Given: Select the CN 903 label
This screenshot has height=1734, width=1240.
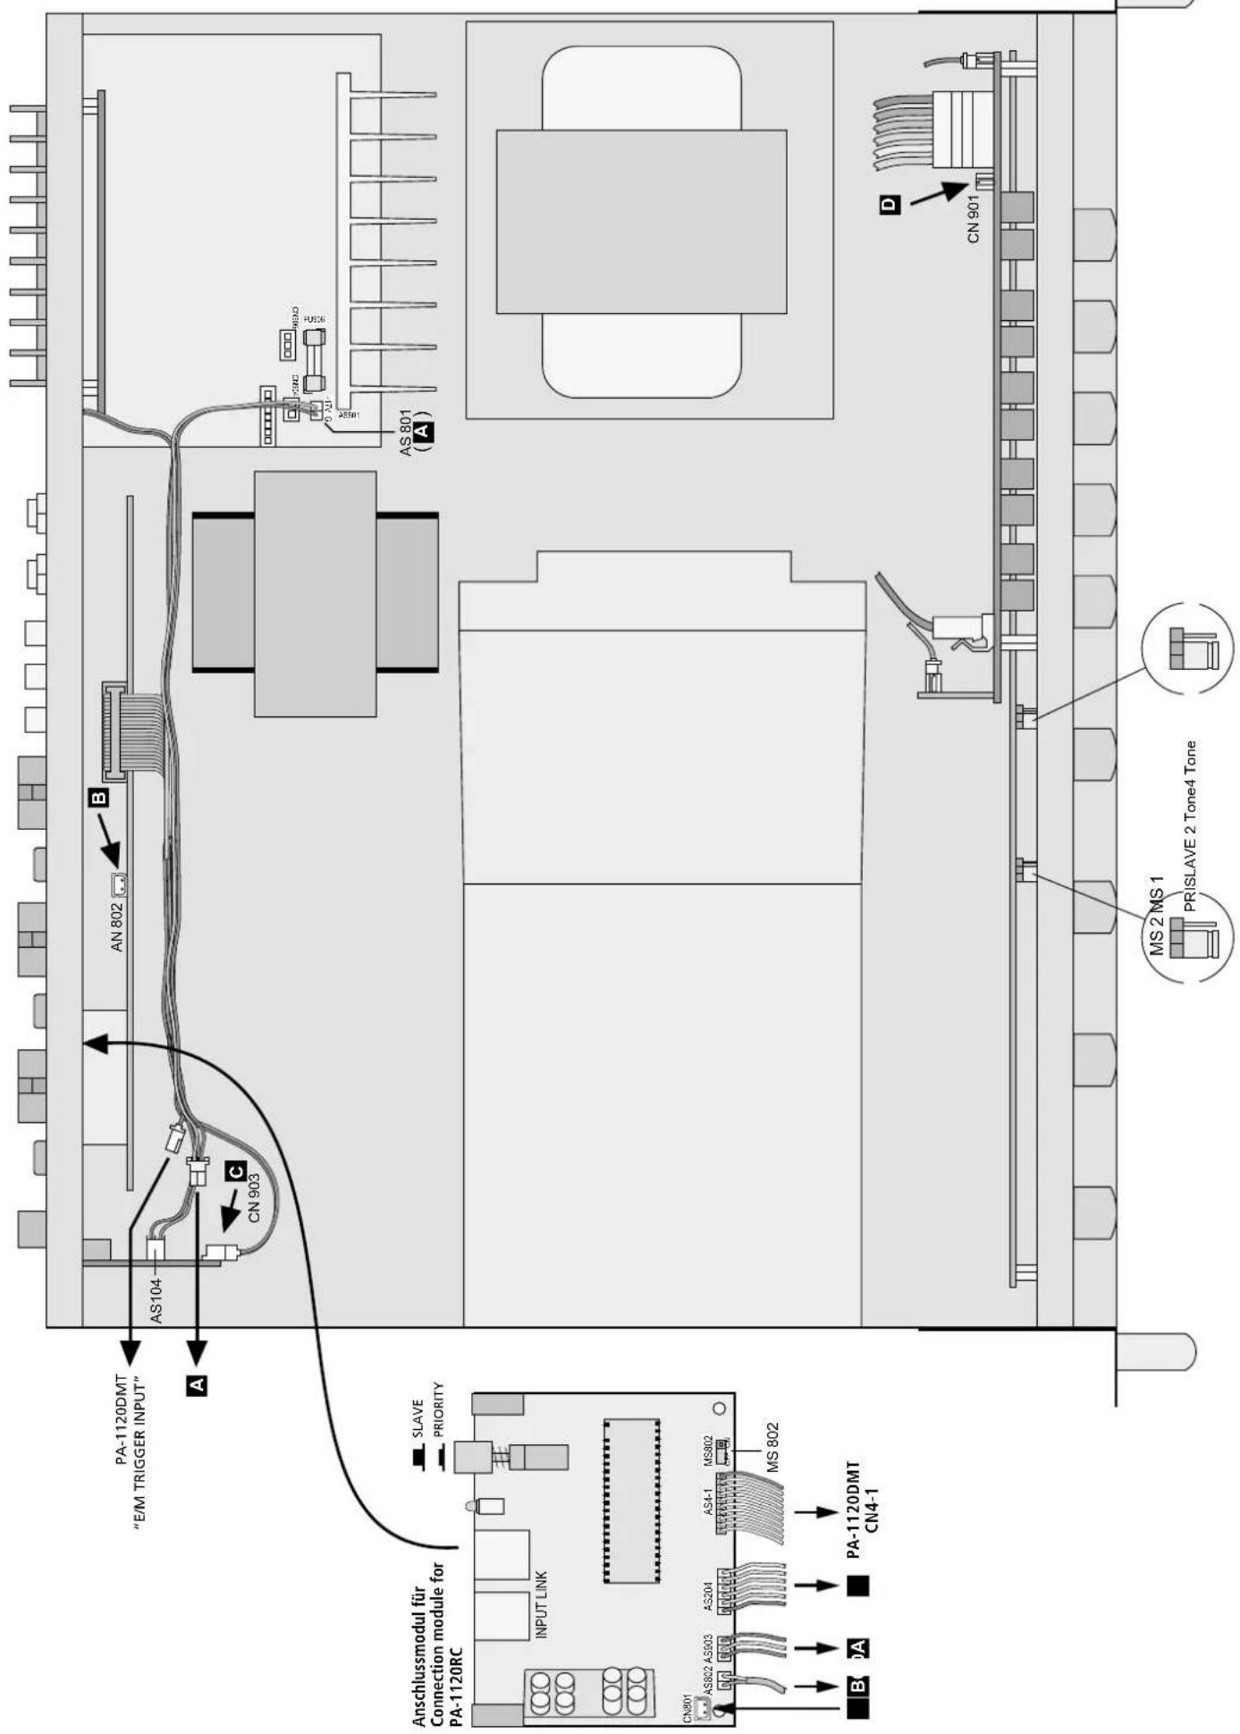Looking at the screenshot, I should [x=254, y=1197].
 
